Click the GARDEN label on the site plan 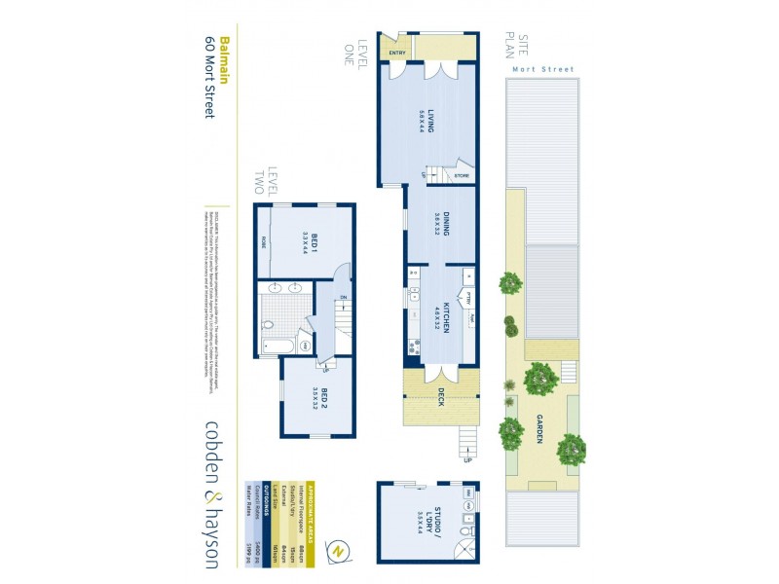click(538, 428)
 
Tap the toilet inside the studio click(468, 532)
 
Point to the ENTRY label click(396, 53)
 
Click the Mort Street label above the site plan click(541, 70)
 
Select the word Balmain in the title click(225, 61)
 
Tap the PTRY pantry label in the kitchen click(469, 298)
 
